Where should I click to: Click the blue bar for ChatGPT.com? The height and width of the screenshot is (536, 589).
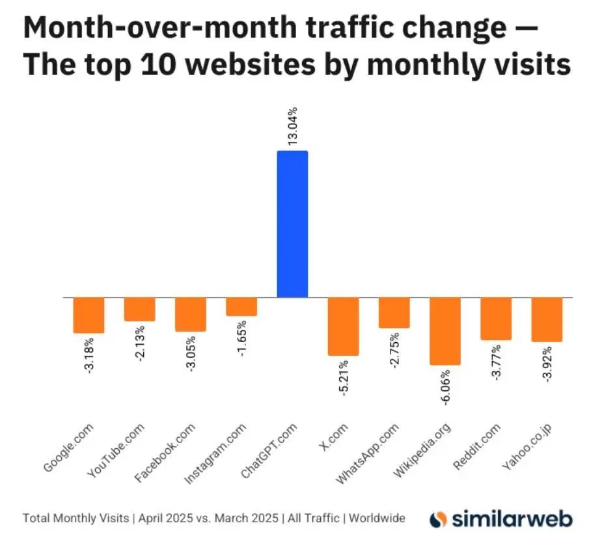click(x=292, y=224)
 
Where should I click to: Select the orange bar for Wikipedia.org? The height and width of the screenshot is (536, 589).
click(x=445, y=330)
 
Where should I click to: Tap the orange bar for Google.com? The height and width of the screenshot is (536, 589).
click(x=89, y=315)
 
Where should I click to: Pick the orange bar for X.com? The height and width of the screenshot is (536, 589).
click(x=343, y=326)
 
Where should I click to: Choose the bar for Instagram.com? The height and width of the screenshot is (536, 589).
click(x=241, y=306)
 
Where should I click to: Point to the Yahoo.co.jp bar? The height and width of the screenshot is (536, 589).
click(x=547, y=319)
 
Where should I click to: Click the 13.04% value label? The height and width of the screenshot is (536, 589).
click(x=292, y=126)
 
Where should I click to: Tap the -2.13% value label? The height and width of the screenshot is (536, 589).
click(x=140, y=345)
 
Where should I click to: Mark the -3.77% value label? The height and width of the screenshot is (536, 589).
click(x=496, y=364)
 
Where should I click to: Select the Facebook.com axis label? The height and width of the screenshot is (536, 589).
click(x=167, y=454)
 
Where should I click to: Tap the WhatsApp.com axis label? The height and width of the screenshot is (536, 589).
click(x=368, y=454)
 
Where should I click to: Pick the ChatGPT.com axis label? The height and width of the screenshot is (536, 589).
click(x=269, y=453)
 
